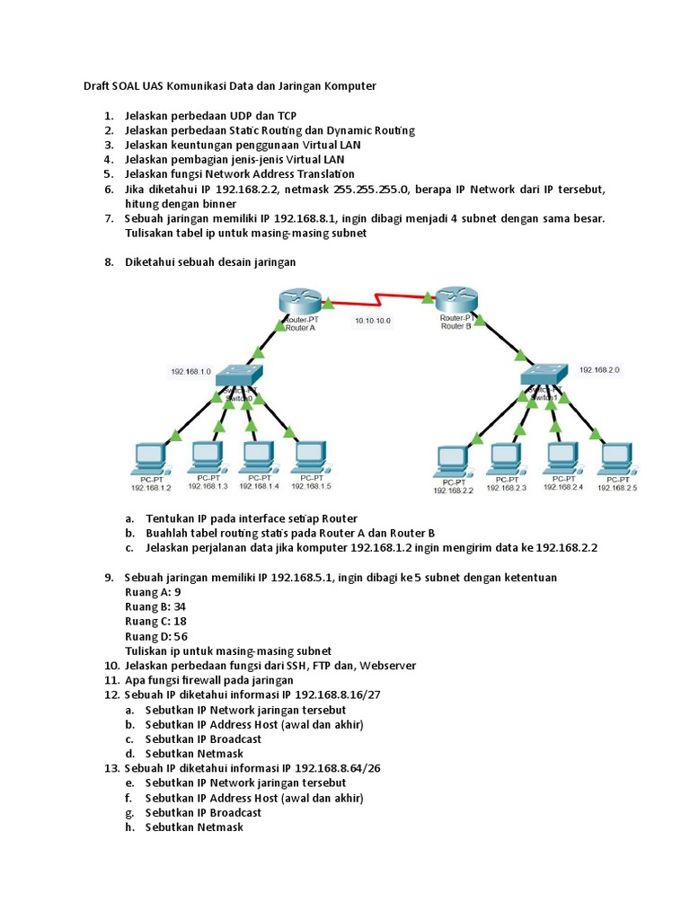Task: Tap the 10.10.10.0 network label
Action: click(x=373, y=320)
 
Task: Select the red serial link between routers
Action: click(x=377, y=296)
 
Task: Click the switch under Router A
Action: click(x=239, y=375)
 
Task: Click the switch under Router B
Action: click(x=546, y=376)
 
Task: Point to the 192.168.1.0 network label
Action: click(x=190, y=371)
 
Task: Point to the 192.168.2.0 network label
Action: click(x=600, y=369)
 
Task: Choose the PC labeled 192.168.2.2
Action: click(x=452, y=461)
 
